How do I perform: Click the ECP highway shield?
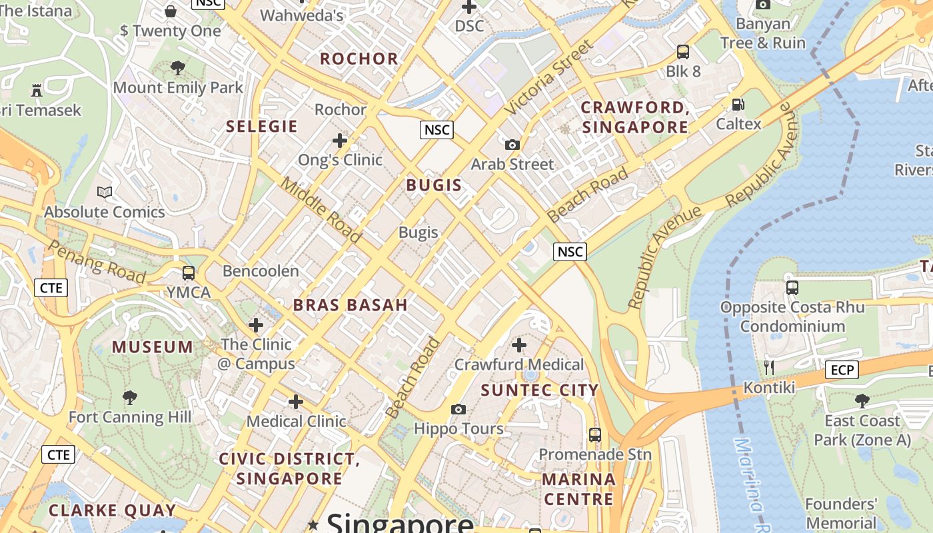pyautogui.click(x=842, y=370)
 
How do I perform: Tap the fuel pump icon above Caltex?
pyautogui.click(x=738, y=104)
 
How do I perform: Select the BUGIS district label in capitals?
pyautogui.click(x=434, y=185)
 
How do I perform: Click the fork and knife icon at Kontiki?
pyautogui.click(x=768, y=367)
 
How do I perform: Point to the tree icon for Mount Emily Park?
pyautogui.click(x=177, y=67)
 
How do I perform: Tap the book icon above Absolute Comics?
pyautogui.click(x=105, y=192)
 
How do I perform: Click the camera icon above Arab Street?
pyautogui.click(x=512, y=145)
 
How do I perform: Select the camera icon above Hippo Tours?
pyautogui.click(x=458, y=408)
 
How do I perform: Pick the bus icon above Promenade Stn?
pyautogui.click(x=594, y=435)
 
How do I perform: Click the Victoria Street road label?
pyautogui.click(x=548, y=77)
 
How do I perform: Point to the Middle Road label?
pyautogui.click(x=321, y=210)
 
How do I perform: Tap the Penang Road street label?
pyautogui.click(x=97, y=261)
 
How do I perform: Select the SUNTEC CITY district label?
pyautogui.click(x=540, y=390)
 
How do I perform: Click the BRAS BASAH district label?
pyautogui.click(x=350, y=305)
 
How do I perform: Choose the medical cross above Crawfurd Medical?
pyautogui.click(x=518, y=345)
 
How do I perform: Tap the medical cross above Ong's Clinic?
pyautogui.click(x=340, y=141)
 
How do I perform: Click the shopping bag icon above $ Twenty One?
pyautogui.click(x=171, y=11)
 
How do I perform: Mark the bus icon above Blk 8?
pyautogui.click(x=682, y=51)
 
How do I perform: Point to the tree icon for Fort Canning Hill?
pyautogui.click(x=130, y=398)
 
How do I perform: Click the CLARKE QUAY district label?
pyautogui.click(x=112, y=511)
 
